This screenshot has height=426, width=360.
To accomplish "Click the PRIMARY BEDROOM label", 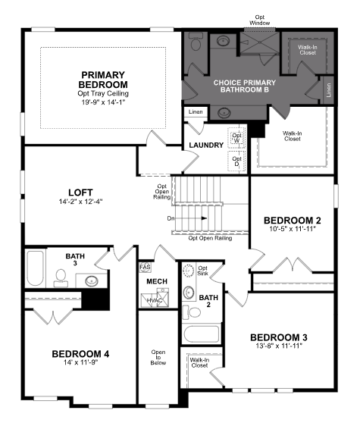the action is pyautogui.click(x=103, y=80).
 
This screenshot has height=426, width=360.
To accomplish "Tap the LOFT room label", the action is pyautogui.click(x=80, y=193).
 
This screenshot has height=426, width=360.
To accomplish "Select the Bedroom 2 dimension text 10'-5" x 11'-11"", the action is pyautogui.click(x=293, y=229).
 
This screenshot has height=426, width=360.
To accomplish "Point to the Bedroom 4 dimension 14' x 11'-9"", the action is pyautogui.click(x=80, y=362).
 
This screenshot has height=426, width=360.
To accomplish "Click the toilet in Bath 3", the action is pyautogui.click(x=61, y=278).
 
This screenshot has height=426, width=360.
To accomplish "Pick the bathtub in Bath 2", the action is pyautogui.click(x=202, y=334).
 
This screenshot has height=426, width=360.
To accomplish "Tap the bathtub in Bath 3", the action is pyautogui.click(x=35, y=268).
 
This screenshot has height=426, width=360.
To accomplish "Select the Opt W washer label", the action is pyautogui.click(x=236, y=138).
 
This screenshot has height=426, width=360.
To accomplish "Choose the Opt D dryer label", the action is pyautogui.click(x=236, y=161).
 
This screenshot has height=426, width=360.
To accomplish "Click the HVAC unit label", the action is pyautogui.click(x=155, y=300).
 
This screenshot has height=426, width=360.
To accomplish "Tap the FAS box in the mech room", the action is pyautogui.click(x=145, y=267).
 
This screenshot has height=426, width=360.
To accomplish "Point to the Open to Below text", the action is pyautogui.click(x=158, y=357).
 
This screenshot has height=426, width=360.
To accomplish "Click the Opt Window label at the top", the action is pyautogui.click(x=260, y=20).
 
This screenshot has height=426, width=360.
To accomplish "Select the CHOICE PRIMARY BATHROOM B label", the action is pyautogui.click(x=245, y=86).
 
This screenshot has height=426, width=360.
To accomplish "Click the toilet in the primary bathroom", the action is pyautogui.click(x=195, y=41).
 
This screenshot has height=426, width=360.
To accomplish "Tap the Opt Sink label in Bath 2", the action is pyautogui.click(x=202, y=271).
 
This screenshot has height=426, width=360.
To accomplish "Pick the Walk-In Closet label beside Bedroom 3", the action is pyautogui.click(x=199, y=362).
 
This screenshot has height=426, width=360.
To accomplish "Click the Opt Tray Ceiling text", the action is pyautogui.click(x=103, y=93).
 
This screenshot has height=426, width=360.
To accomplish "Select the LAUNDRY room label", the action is pyautogui.click(x=206, y=146).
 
